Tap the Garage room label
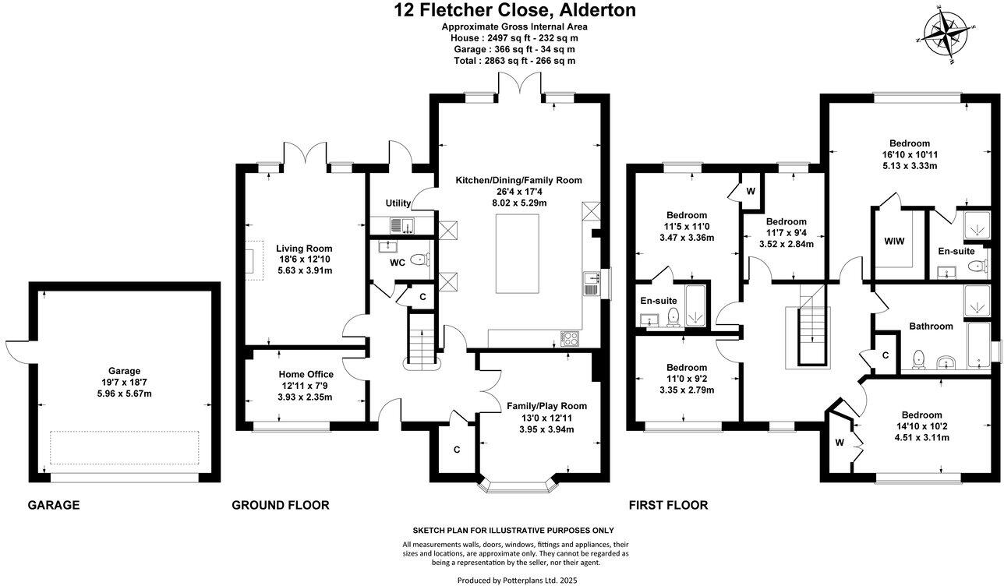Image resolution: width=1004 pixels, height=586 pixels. (x=125, y=371)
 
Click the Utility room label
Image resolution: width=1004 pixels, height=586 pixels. (x=398, y=203)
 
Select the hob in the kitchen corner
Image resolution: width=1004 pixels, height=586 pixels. (x=569, y=338)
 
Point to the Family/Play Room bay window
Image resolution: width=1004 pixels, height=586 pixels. (x=518, y=485)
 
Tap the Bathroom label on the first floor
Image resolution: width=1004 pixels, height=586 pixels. (x=931, y=327)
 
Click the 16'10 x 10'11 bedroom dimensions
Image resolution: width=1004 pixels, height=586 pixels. (x=910, y=154)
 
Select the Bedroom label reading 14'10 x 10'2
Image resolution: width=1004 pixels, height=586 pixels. (x=921, y=415)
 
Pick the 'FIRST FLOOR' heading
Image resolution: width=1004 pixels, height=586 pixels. (x=667, y=506)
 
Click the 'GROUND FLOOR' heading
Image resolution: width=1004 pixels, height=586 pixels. (x=280, y=506)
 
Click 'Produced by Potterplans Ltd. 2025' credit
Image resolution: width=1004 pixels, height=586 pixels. (x=515, y=580)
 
